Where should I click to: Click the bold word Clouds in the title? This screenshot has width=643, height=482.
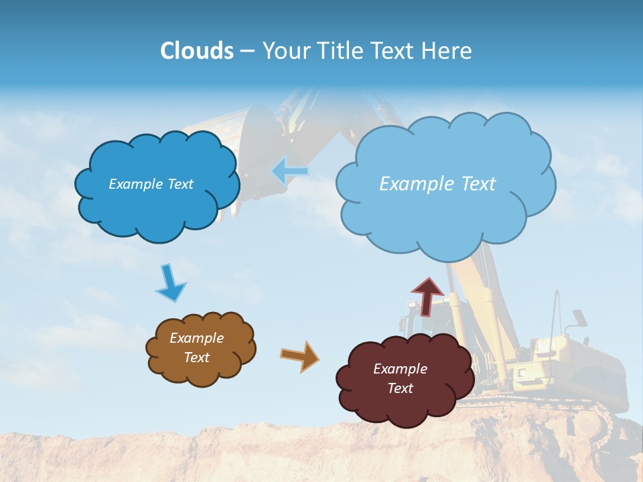(x=197, y=51)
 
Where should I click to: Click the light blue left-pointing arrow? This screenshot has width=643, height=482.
(x=289, y=171)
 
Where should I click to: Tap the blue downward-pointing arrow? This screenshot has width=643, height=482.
(x=170, y=284)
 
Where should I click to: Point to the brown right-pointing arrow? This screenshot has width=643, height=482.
(x=300, y=355)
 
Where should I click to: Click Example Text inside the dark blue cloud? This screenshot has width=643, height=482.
(x=151, y=184)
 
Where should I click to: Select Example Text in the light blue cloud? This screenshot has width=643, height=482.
(x=437, y=184)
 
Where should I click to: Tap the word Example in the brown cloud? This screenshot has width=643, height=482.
(x=196, y=338)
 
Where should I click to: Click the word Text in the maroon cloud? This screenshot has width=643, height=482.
(x=400, y=388)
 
